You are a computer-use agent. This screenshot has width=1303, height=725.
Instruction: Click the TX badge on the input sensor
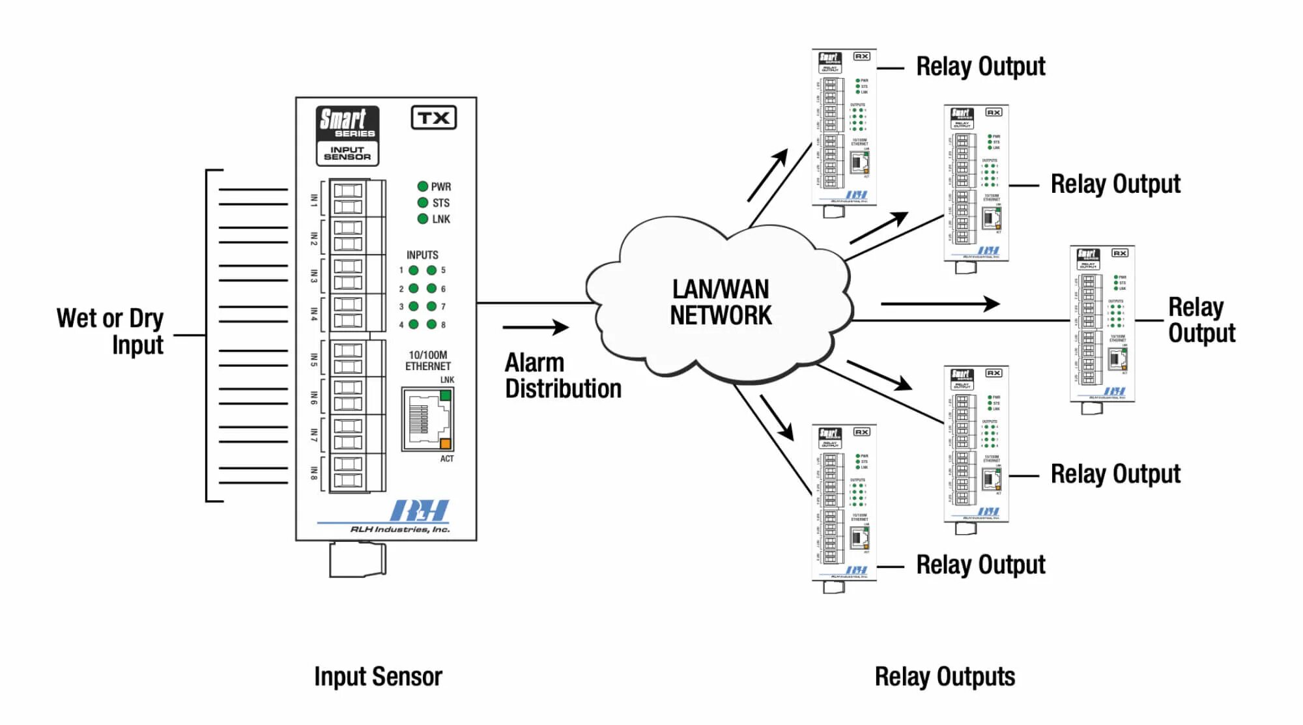click(x=433, y=118)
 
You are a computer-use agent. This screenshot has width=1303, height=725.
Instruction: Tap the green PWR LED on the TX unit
click(x=423, y=186)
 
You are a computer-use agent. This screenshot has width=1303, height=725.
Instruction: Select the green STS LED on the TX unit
click(x=423, y=203)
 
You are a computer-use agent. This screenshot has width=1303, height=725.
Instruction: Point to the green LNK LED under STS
click(x=423, y=219)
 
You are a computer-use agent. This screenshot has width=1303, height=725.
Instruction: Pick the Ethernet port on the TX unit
click(x=427, y=419)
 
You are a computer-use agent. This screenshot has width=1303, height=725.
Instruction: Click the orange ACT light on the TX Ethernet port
click(x=446, y=444)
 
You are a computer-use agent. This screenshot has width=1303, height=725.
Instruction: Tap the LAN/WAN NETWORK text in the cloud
click(x=721, y=302)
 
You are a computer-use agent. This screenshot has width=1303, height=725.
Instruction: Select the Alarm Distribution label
click(x=562, y=376)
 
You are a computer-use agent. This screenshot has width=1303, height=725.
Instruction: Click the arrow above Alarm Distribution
click(x=536, y=327)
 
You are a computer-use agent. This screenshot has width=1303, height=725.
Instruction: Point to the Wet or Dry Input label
click(x=111, y=332)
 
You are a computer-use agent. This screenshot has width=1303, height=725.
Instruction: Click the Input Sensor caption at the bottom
click(x=378, y=677)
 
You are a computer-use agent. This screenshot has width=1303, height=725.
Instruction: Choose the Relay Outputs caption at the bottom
click(x=945, y=677)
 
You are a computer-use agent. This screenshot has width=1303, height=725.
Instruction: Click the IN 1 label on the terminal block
click(x=314, y=200)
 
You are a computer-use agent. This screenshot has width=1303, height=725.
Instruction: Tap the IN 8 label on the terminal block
click(x=314, y=473)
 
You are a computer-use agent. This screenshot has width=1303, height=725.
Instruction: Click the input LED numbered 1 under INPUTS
click(x=414, y=270)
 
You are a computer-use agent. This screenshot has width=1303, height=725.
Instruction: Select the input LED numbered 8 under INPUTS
click(x=431, y=324)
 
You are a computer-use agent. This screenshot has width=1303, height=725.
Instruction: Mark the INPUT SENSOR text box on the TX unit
click(x=347, y=154)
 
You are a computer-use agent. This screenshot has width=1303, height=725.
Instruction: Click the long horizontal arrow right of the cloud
click(x=939, y=304)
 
